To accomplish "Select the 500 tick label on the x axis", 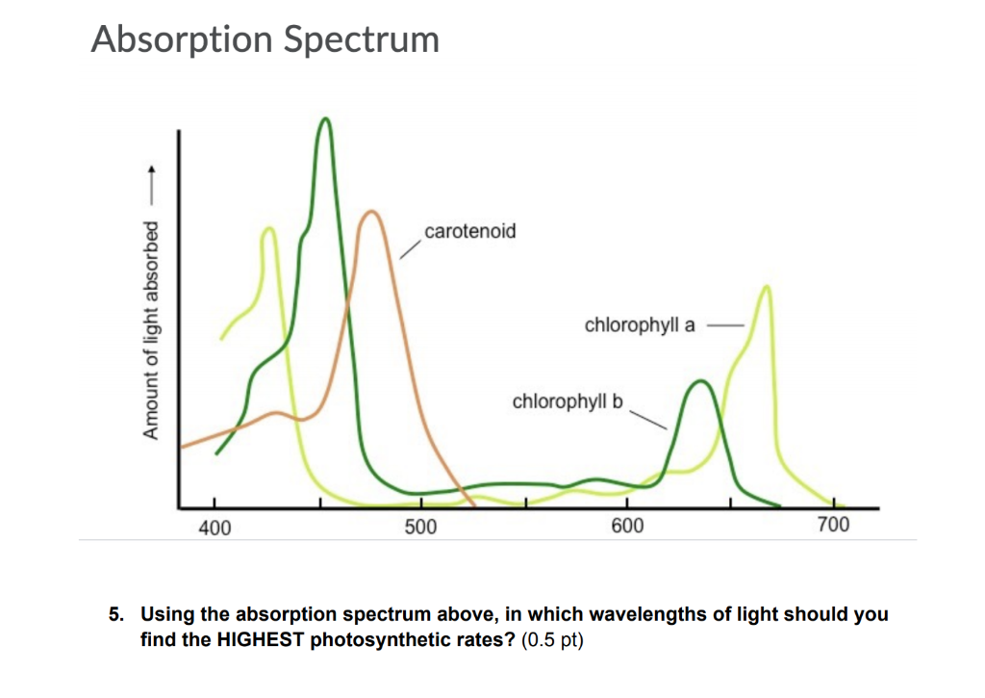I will (x=420, y=527).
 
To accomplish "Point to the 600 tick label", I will (x=626, y=527).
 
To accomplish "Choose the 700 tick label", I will (x=833, y=527).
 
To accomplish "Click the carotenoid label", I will (x=469, y=231).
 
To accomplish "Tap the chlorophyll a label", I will (x=640, y=325).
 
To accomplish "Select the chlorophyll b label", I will (x=568, y=401).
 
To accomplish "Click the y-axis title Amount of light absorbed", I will (x=150, y=329).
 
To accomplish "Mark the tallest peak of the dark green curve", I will (x=325, y=119).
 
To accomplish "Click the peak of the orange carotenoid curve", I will (x=370, y=212).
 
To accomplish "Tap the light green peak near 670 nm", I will (x=766, y=287).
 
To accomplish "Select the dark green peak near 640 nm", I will (x=701, y=382).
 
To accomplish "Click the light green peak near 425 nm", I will (x=268, y=229).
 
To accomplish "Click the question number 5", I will (x=114, y=614).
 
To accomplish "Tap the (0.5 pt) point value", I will (x=551, y=638).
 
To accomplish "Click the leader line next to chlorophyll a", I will (x=725, y=325).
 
